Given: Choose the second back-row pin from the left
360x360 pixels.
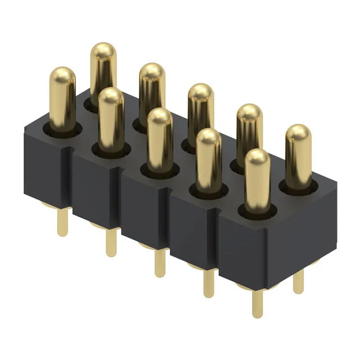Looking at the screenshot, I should [151, 90].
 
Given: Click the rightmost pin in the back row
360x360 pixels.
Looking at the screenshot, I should [298, 155].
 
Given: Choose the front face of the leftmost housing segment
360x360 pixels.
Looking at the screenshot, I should [47, 169].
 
